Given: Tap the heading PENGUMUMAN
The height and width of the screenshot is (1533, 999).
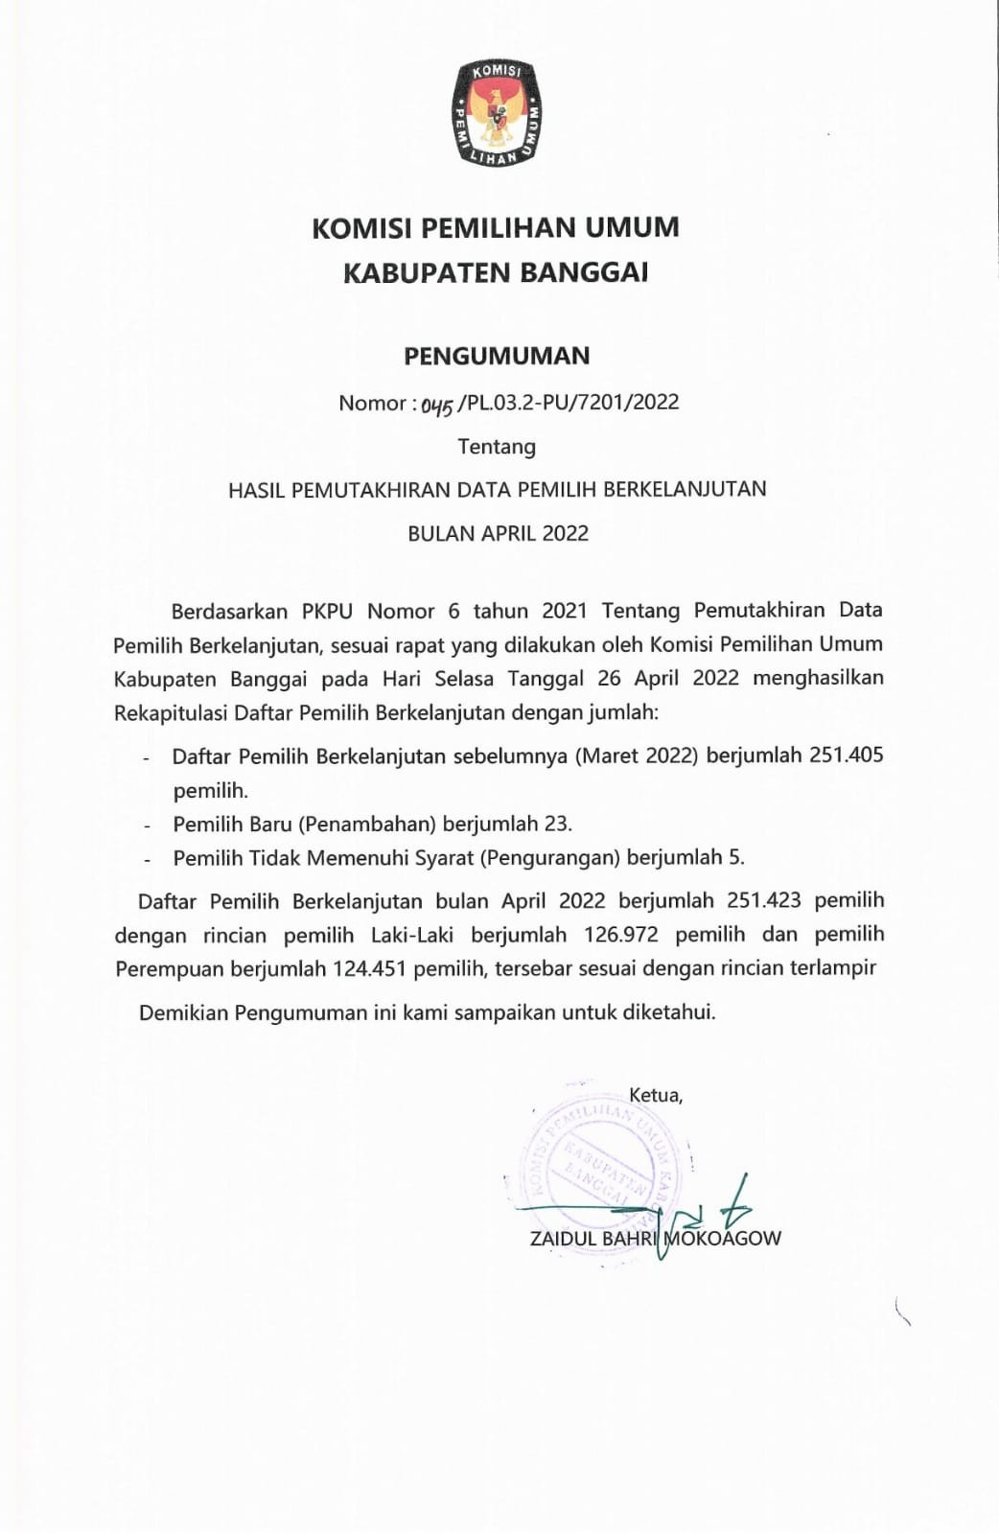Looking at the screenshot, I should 497,356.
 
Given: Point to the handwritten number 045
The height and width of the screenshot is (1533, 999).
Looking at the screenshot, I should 436,406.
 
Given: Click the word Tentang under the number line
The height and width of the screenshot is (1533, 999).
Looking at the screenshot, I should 497,447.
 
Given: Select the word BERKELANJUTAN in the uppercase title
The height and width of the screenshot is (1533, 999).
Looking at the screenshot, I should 685,489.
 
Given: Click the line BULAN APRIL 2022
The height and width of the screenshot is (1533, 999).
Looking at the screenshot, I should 498,533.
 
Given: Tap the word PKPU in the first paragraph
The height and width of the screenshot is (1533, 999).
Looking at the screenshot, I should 327,611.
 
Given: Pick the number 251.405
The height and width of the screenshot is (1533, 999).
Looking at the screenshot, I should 846,755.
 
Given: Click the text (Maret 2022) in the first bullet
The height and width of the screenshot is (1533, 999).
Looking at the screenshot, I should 635,755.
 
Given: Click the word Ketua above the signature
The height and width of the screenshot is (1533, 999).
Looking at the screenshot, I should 655,1095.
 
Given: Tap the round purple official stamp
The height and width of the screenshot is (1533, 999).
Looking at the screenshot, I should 594,1160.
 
